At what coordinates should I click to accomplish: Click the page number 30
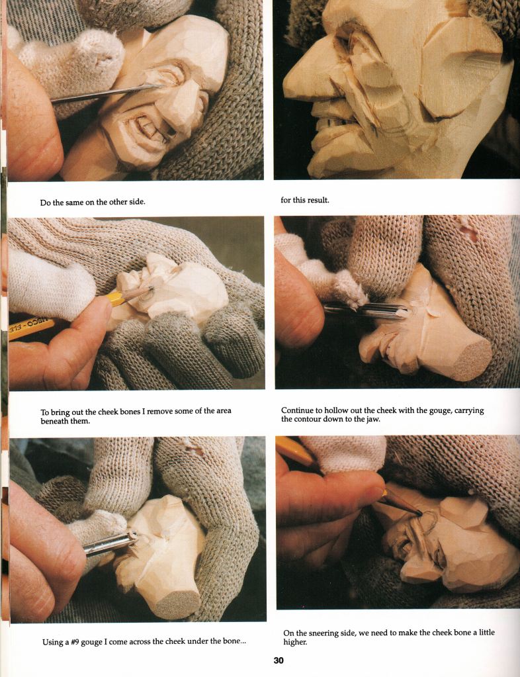pyautogui.click(x=279, y=660)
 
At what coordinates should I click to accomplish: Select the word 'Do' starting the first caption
pyautogui.click(x=45, y=202)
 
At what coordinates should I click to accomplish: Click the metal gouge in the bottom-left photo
pyautogui.click(x=110, y=543)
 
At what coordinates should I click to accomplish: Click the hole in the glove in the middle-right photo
pyautogui.click(x=468, y=233)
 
